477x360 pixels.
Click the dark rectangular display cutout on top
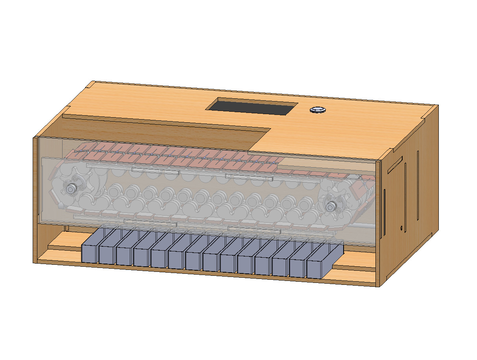252,107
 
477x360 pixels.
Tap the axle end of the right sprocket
331,205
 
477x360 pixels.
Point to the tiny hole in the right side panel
401,227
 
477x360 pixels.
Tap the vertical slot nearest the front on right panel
384,213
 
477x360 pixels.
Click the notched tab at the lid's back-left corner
91,84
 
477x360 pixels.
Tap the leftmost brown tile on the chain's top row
79,152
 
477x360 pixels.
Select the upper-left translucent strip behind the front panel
155,171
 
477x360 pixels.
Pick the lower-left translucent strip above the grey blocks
150,223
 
